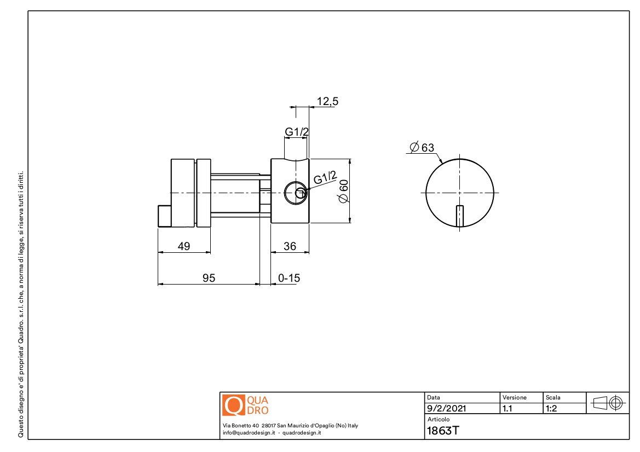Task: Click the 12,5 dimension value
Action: pos(327,101)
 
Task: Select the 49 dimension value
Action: pos(184,246)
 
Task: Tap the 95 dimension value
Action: pos(209,278)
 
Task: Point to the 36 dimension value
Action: pos(290,246)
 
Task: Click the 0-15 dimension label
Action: pos(289,278)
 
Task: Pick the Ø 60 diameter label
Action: pos(344,190)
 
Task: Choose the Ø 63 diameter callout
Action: pos(422,147)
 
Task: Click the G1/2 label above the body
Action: pos(297,132)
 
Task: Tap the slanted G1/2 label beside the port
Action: pos(325,178)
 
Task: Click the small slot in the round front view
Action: pos(460,216)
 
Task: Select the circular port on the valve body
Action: pos(296,193)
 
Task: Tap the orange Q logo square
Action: pos(233,405)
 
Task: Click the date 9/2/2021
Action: pos(447,408)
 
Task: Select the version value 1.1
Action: pos(508,408)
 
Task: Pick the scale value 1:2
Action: pos(551,408)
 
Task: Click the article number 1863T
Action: pos(443,430)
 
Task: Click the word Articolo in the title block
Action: pos(439,419)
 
